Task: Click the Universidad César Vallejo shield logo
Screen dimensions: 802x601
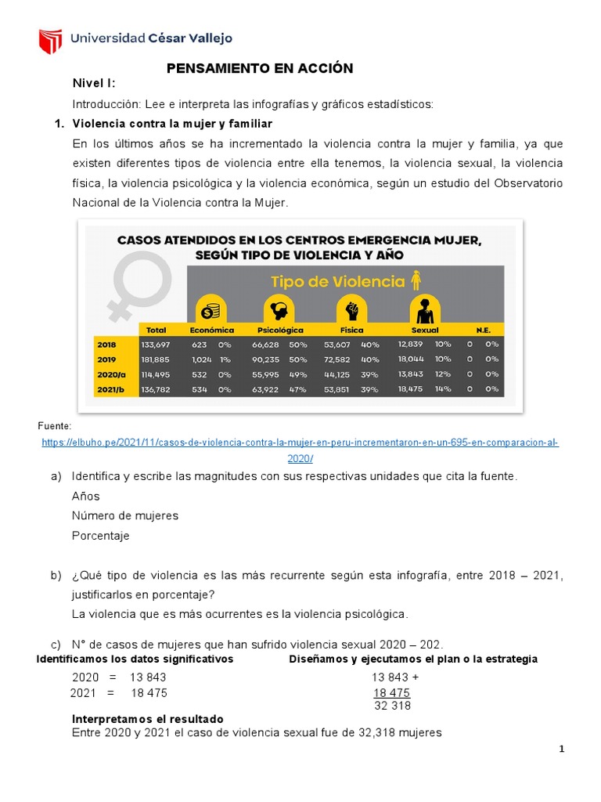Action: pyautogui.click(x=50, y=40)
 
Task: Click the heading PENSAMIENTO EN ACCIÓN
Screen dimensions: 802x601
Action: pyautogui.click(x=260, y=69)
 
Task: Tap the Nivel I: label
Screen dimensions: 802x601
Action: pyautogui.click(x=94, y=85)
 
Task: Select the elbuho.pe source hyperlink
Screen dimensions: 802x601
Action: pyautogui.click(x=300, y=443)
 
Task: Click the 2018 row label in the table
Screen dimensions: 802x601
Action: pyautogui.click(x=106, y=344)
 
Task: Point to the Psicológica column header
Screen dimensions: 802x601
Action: pyautogui.click(x=280, y=330)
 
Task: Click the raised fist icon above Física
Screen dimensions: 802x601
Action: pyautogui.click(x=351, y=309)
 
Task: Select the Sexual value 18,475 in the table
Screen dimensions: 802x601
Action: pyautogui.click(x=410, y=388)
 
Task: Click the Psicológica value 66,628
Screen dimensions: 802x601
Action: pyautogui.click(x=265, y=344)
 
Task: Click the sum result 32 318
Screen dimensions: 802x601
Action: pyautogui.click(x=392, y=705)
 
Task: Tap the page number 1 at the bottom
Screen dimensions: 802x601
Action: pyautogui.click(x=561, y=750)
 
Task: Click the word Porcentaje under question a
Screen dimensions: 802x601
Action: pyautogui.click(x=100, y=536)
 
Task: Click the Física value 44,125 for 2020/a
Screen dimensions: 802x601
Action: pyautogui.click(x=337, y=374)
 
